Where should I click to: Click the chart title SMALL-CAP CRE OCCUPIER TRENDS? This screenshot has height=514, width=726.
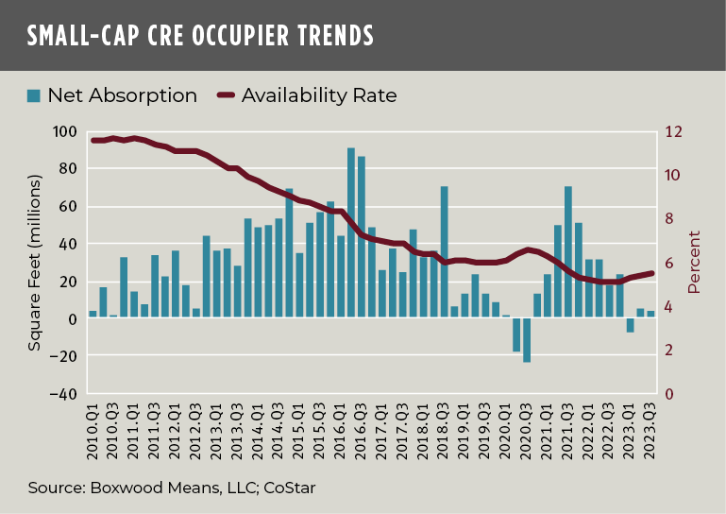click(200, 36)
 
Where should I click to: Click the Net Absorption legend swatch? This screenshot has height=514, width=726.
click(34, 95)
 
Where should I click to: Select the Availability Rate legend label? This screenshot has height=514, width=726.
click(319, 95)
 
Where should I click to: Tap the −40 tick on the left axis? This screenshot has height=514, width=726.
click(63, 394)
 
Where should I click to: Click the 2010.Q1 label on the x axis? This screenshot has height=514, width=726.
click(93, 436)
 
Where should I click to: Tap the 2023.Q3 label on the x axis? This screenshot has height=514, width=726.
click(651, 436)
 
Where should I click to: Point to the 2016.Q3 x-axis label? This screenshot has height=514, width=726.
click(363, 436)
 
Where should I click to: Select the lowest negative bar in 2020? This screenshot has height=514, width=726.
click(527, 340)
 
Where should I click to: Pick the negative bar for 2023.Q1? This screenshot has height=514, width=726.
click(631, 325)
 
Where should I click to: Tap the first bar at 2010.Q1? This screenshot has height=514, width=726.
click(93, 315)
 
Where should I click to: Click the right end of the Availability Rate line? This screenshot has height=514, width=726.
click(651, 273)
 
